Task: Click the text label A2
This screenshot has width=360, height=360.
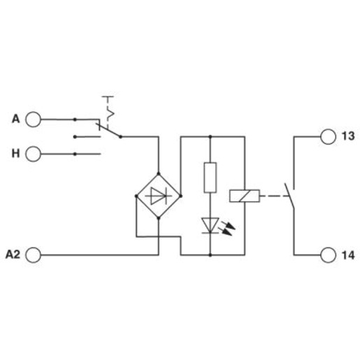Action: point(13,254)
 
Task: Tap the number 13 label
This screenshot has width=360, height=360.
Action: point(348,136)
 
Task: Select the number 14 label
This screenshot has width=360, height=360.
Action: point(348,255)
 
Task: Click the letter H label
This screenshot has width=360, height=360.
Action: point(15,154)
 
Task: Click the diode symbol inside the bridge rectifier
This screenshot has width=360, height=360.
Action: point(159,196)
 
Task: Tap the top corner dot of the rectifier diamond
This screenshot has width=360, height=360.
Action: point(159,173)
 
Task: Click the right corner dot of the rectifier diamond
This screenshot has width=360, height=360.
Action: point(180,196)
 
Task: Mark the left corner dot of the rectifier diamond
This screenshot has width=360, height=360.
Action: point(136,196)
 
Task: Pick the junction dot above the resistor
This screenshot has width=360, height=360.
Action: point(210,136)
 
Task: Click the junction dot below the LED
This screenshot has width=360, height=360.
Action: point(210,255)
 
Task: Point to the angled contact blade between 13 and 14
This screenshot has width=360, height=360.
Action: point(289,196)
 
